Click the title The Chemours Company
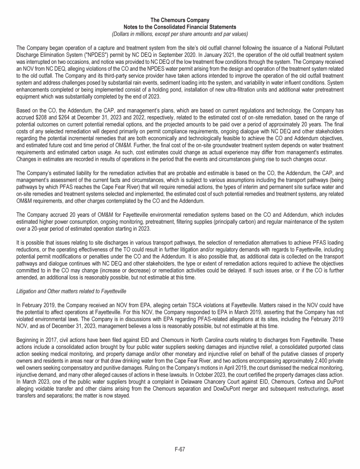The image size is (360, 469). (180, 20)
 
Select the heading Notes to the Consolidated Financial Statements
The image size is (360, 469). (180, 27)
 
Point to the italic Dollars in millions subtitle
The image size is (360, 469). (180, 34)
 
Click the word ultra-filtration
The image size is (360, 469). (253, 86)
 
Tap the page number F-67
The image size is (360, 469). (180, 449)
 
